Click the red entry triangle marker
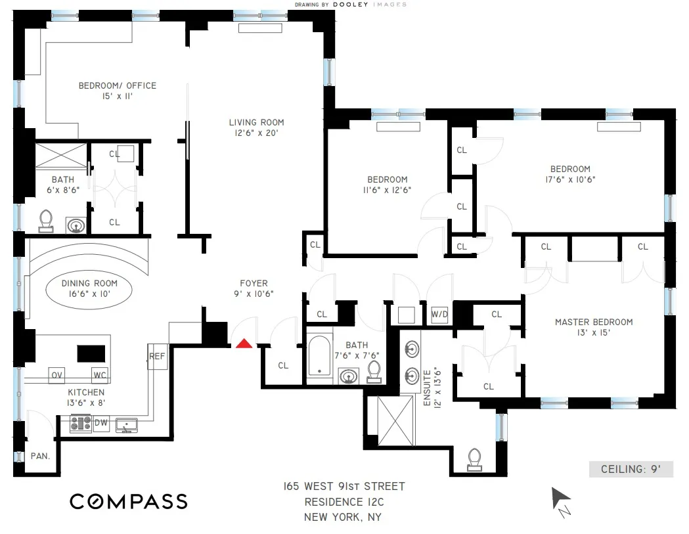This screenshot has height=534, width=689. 244,343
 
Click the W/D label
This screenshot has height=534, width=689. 439,315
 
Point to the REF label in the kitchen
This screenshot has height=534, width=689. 156,357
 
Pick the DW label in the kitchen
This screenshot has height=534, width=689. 100,423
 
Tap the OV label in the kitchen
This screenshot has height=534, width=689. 56,376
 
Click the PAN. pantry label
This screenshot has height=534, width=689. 40,456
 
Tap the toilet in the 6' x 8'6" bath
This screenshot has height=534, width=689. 47,221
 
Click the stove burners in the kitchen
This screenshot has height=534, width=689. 81,424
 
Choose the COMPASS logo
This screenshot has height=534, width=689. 129,502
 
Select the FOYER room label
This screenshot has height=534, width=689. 254,284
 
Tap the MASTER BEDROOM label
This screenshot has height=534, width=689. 594,322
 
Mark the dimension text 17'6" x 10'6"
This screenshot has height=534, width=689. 570,179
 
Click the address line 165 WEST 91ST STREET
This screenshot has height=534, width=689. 341,487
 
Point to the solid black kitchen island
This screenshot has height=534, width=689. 91,353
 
